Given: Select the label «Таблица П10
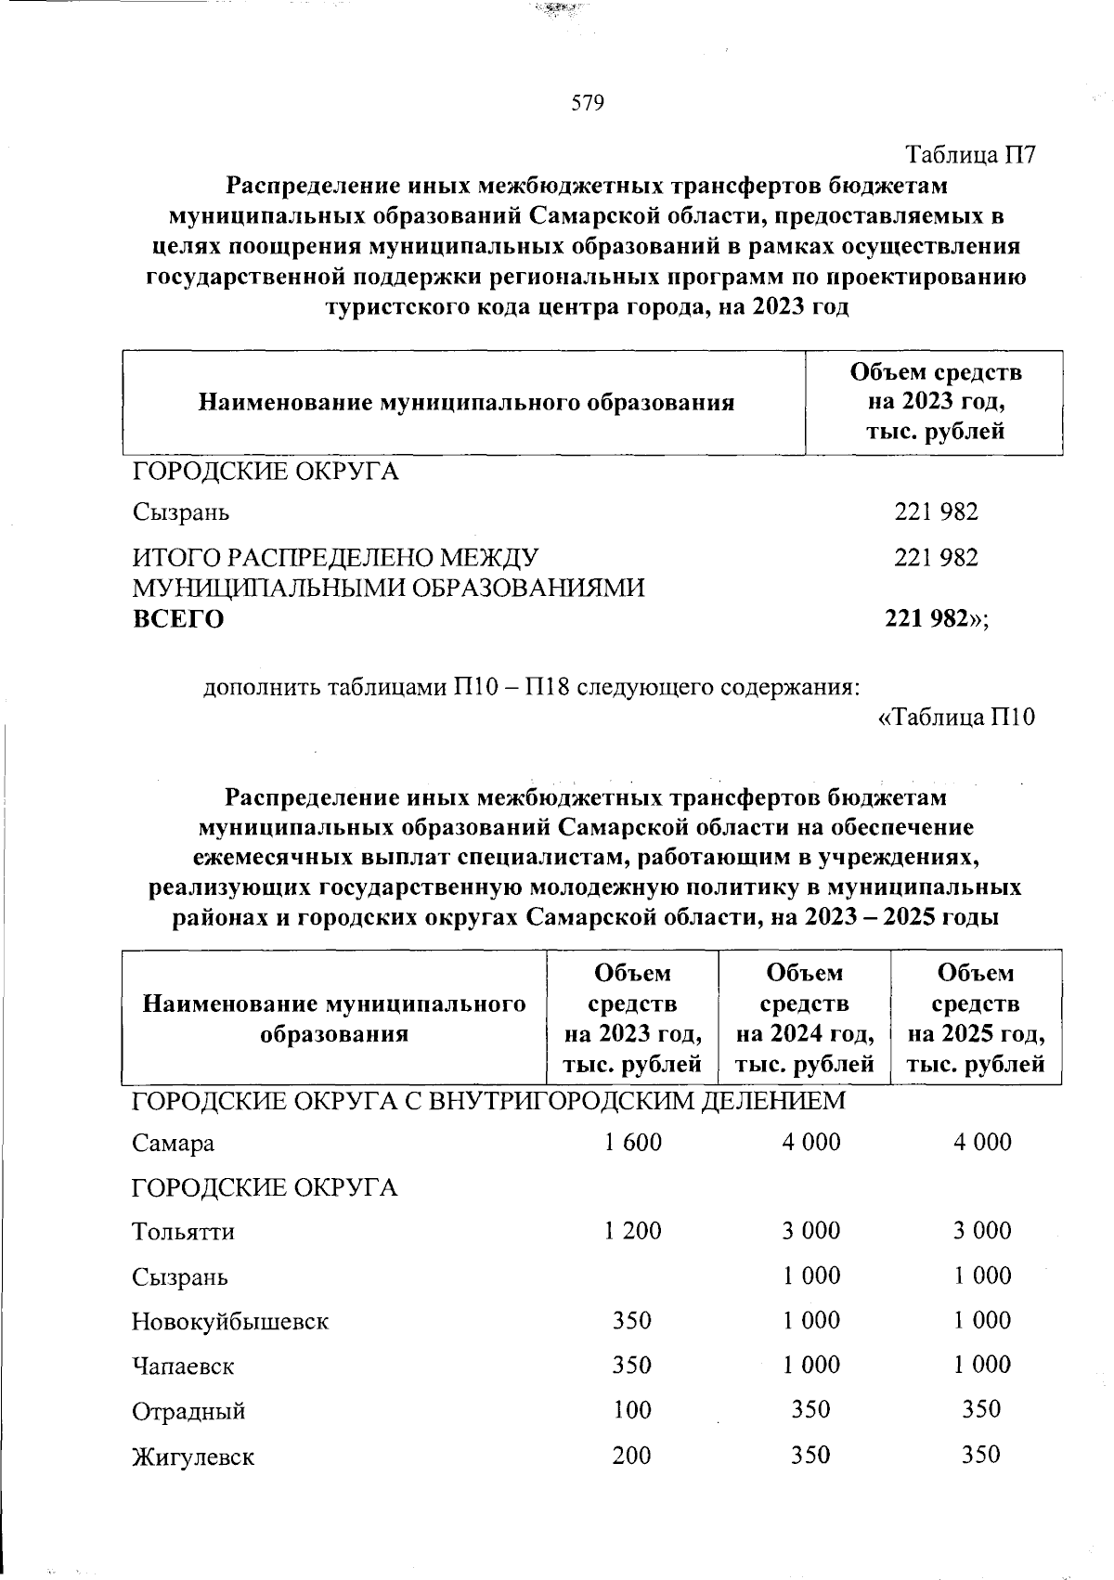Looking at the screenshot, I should [x=955, y=718].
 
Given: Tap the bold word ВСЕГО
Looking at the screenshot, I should [x=177, y=619].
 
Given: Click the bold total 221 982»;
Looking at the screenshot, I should [x=937, y=619].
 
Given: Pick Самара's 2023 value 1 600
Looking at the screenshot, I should [x=632, y=1142].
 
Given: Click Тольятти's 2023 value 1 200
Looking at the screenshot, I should [x=632, y=1231].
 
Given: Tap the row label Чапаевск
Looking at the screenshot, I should [x=183, y=1366].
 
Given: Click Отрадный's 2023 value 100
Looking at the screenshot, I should [x=632, y=1410].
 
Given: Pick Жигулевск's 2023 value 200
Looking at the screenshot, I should [x=632, y=1455].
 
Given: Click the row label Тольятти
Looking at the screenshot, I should [x=183, y=1232].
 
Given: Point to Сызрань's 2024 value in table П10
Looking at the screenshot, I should [x=810, y=1276].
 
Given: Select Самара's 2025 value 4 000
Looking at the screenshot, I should [x=982, y=1142].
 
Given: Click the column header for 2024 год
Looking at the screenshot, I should [x=804, y=1018].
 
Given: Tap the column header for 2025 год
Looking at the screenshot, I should [x=976, y=1018].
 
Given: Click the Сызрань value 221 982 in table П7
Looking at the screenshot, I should [x=936, y=512].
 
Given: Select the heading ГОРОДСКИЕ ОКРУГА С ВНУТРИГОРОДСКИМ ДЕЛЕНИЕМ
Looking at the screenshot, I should [x=488, y=1101].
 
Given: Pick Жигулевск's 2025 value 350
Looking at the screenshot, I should [x=981, y=1455].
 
